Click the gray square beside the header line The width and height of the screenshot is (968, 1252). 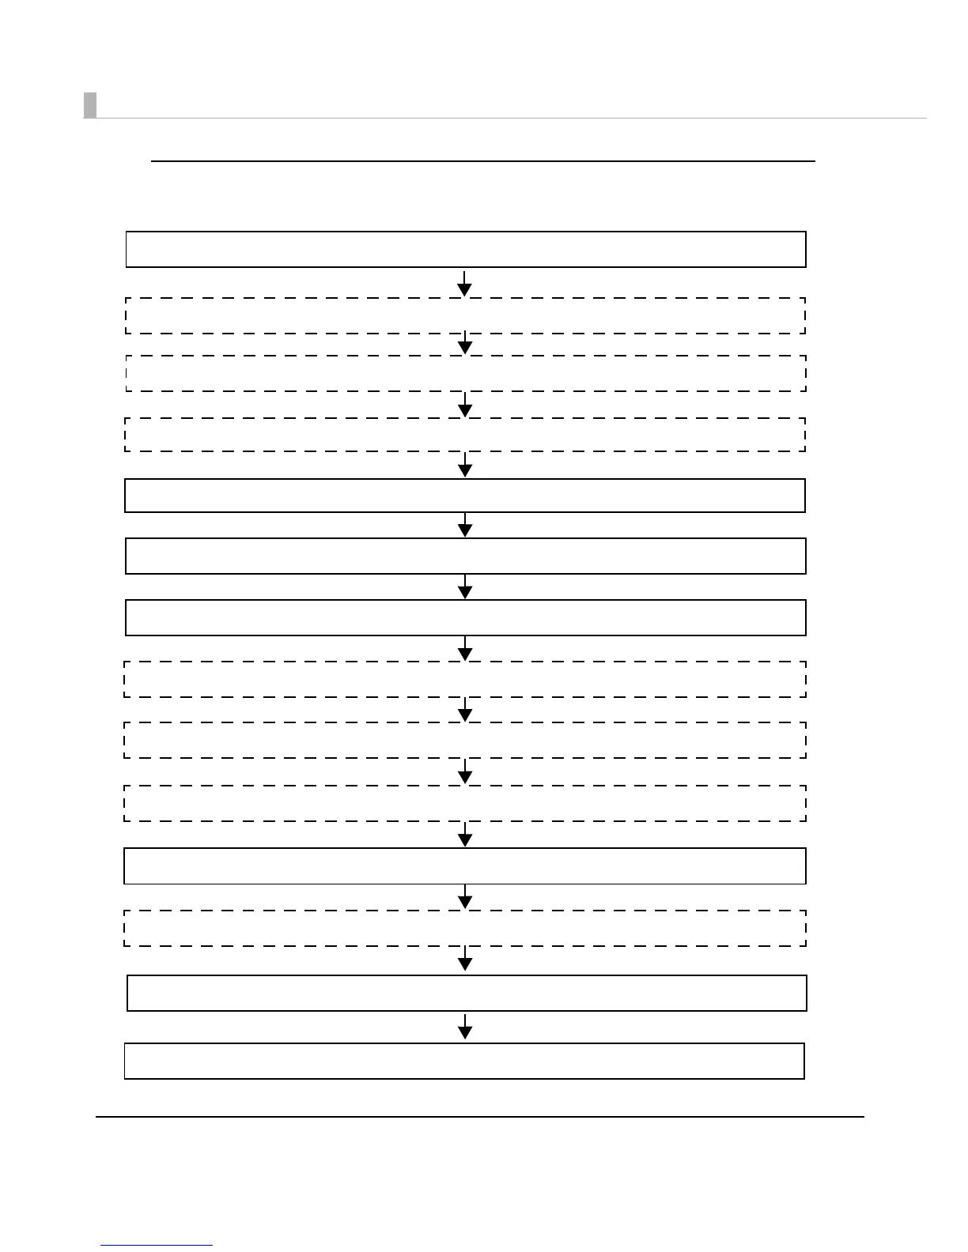click(90, 105)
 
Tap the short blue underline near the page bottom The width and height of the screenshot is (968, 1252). click(157, 1245)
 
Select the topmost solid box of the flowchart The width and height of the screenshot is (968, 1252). click(466, 249)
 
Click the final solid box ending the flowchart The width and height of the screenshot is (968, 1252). click(464, 1061)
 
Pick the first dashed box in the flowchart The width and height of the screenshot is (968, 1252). click(465, 315)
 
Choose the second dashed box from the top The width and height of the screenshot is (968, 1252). click(465, 373)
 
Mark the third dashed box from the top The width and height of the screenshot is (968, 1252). click(465, 434)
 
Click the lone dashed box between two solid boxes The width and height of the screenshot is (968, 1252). click(465, 928)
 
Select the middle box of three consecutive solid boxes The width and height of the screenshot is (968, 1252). click(465, 556)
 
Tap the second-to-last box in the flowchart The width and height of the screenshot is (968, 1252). click(467, 993)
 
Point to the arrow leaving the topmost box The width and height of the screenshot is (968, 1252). click(465, 283)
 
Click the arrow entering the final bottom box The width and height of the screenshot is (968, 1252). click(465, 1027)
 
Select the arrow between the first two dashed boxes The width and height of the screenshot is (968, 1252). click(465, 345)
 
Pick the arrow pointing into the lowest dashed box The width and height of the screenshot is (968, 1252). click(465, 897)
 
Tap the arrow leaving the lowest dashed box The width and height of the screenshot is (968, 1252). click(465, 959)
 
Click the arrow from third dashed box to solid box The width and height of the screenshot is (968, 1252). click(465, 465)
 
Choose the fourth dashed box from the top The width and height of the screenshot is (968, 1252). click(465, 679)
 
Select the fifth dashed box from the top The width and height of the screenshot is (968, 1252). click(465, 740)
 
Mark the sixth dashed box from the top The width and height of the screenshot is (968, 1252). click(465, 803)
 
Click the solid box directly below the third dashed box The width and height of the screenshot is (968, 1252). click(465, 496)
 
